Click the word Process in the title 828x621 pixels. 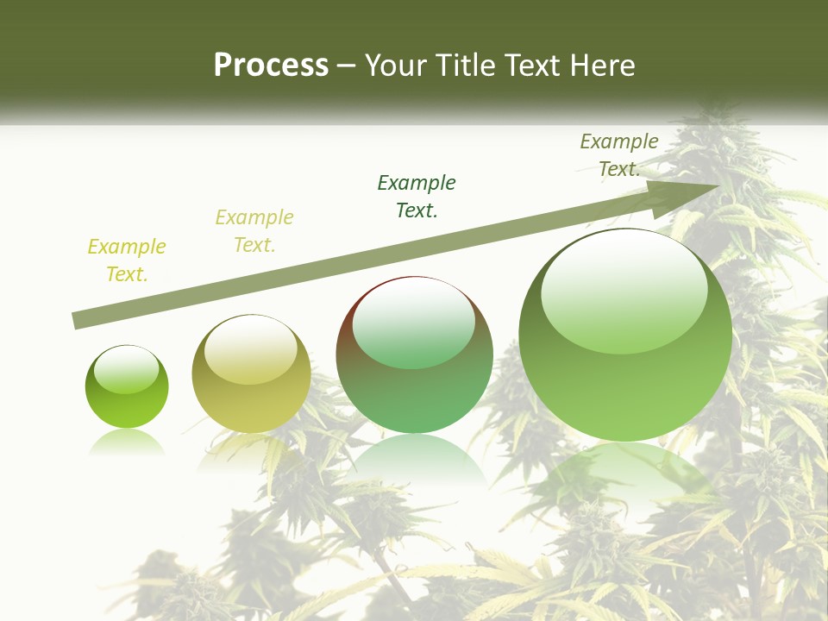point(271,66)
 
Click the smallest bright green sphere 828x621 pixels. point(127,387)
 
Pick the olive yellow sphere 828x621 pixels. point(251,373)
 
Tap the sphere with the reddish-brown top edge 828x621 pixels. point(414,354)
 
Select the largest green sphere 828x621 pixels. point(625,335)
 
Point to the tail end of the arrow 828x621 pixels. point(76,321)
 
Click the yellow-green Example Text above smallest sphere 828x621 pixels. point(127,260)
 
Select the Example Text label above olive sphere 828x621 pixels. point(254,231)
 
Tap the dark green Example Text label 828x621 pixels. point(417,196)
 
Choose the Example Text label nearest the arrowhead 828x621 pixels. point(619,155)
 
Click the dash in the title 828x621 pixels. point(347,66)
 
